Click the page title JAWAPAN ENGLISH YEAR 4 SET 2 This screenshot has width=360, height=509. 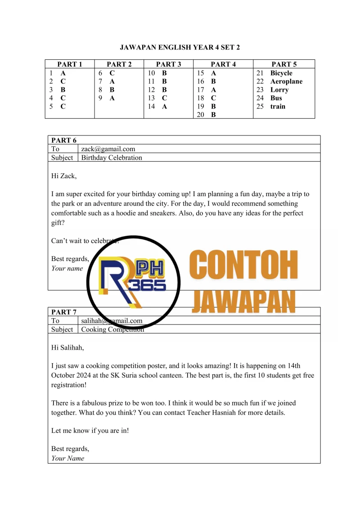pyautogui.click(x=180, y=47)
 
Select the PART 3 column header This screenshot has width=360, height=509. pyautogui.click(x=168, y=64)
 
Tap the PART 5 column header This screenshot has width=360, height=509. pyautogui.click(x=284, y=64)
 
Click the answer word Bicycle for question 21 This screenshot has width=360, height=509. pyautogui.click(x=281, y=73)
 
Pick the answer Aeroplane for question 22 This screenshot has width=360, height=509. pyautogui.click(x=286, y=81)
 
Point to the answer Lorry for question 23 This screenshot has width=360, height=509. pyautogui.click(x=279, y=90)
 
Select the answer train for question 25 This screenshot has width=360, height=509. pyautogui.click(x=278, y=107)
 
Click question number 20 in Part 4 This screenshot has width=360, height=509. pyautogui.click(x=201, y=115)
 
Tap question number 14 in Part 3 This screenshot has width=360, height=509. pyautogui.click(x=152, y=107)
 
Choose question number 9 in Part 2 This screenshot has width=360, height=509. pyautogui.click(x=101, y=98)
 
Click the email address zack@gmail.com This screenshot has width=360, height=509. pyautogui.click(x=108, y=149)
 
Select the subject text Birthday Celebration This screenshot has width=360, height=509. pyautogui.click(x=112, y=158)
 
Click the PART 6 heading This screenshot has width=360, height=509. pyautogui.click(x=64, y=140)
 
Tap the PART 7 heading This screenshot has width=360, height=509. pyautogui.click(x=64, y=312)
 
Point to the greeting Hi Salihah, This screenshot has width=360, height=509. pyautogui.click(x=67, y=347)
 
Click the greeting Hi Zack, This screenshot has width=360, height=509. pyautogui.click(x=64, y=176)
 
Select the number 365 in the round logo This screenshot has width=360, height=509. pyautogui.click(x=150, y=285)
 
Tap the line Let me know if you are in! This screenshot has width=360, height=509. pyautogui.click(x=90, y=430)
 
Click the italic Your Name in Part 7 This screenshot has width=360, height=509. pyautogui.click(x=67, y=458)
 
